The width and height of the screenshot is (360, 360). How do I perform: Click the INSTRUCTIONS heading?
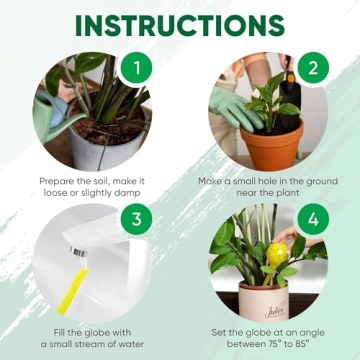(180, 24)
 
